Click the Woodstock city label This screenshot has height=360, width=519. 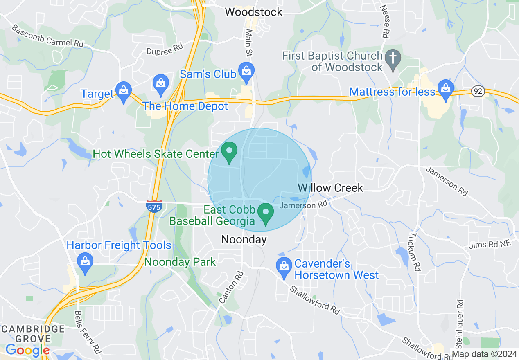253,12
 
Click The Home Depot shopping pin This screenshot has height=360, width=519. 161,83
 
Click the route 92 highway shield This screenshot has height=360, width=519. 478,91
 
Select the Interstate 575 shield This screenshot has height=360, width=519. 154,207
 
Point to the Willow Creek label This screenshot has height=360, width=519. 330,188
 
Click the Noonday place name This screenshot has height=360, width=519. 244,239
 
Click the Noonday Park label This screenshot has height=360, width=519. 180,262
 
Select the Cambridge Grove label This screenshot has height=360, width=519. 32,334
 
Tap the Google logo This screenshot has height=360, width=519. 27,350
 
